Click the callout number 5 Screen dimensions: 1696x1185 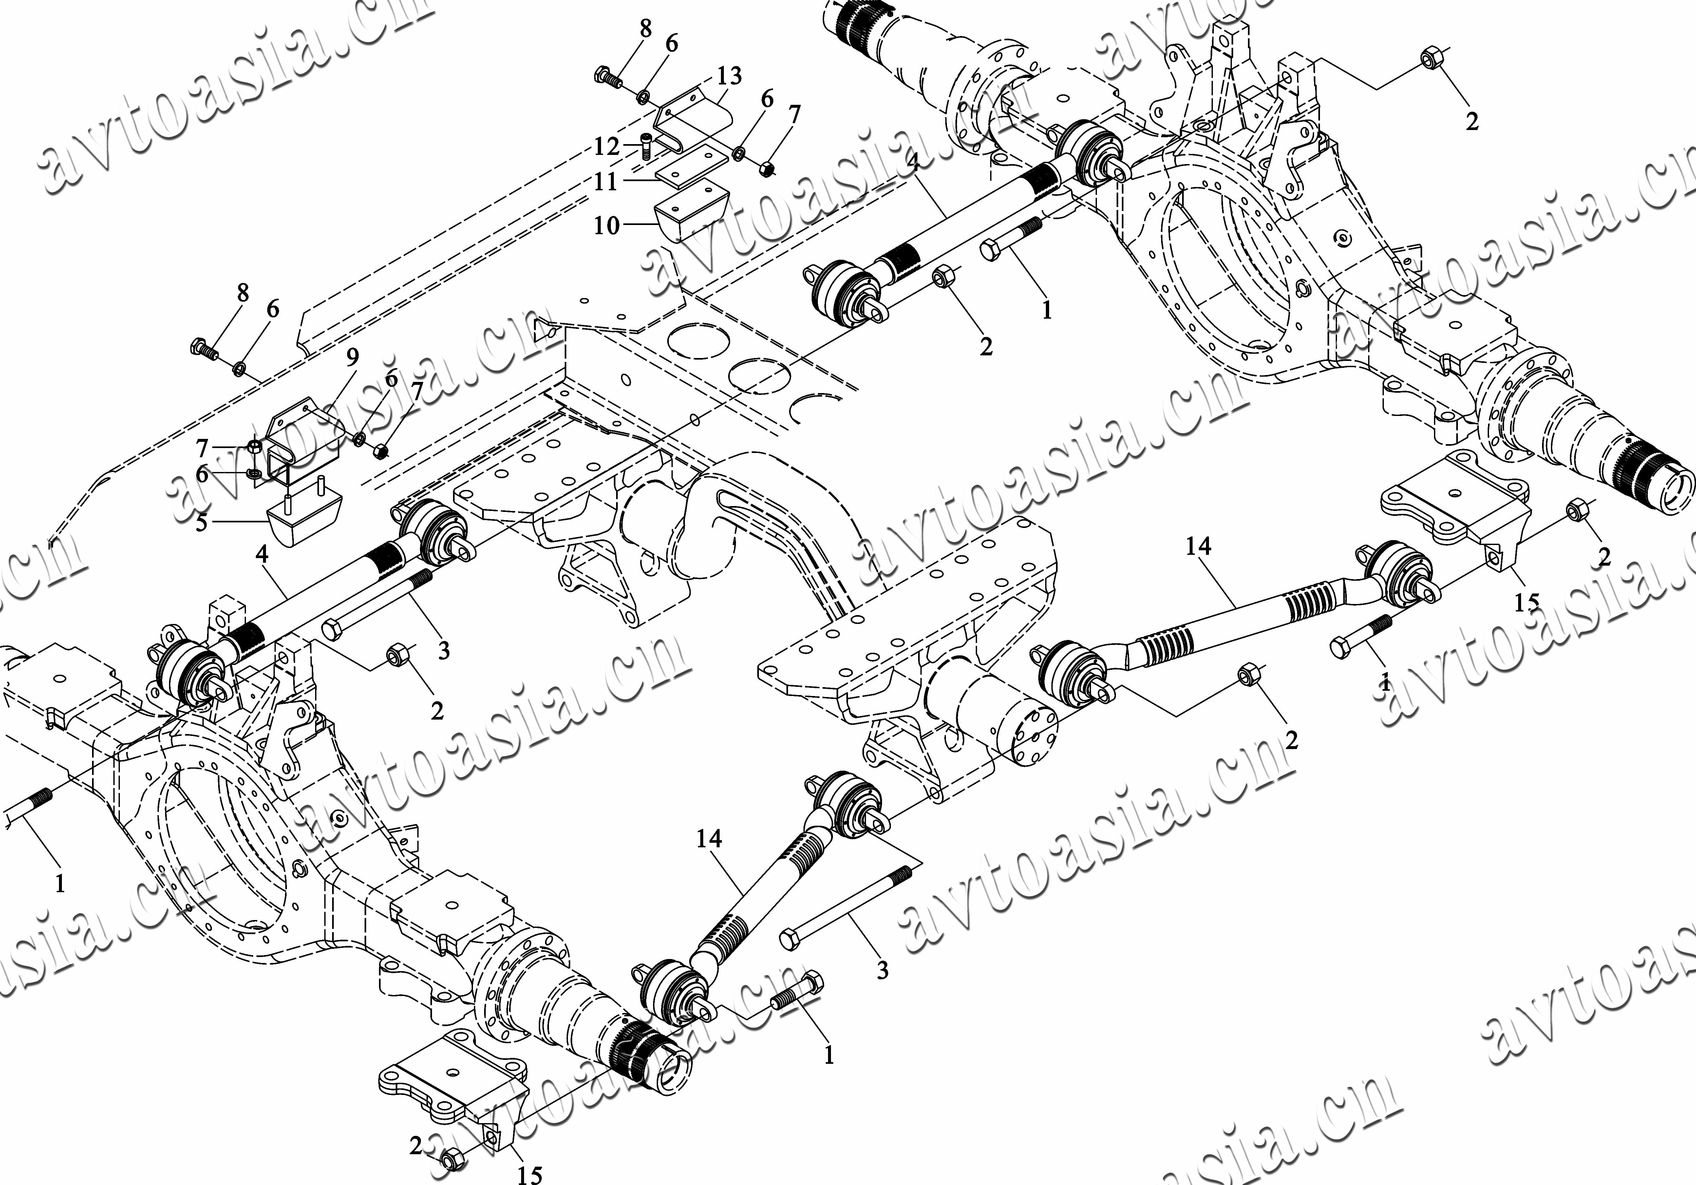tap(202, 523)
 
